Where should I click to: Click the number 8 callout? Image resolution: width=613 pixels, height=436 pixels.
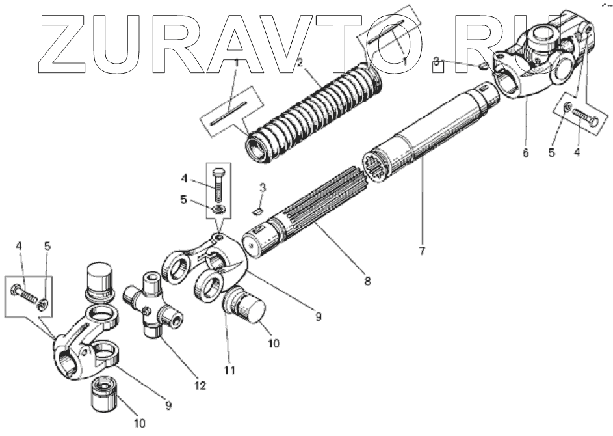(x=367, y=280)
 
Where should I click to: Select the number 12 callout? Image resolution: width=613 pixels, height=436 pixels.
(x=200, y=385)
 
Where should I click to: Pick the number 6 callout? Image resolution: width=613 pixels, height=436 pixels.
(x=525, y=154)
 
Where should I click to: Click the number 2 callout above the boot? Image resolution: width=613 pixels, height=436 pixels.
(x=300, y=62)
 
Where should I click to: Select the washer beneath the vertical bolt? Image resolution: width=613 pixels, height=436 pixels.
(x=220, y=210)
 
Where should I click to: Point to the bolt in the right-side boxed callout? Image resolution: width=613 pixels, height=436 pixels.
(x=586, y=119)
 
